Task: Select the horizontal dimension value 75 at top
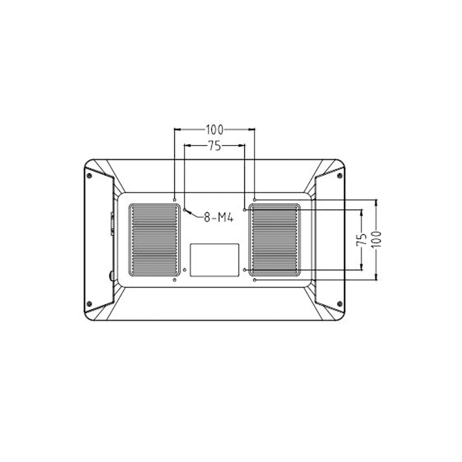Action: point(215,146)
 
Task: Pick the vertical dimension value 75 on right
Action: point(362,240)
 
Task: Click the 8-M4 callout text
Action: point(218,218)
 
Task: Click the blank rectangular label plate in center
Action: point(215,259)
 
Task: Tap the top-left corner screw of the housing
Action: point(89,176)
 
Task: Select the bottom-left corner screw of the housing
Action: point(89,304)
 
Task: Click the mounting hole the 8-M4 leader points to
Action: point(185,210)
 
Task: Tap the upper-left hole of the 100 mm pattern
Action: point(174,200)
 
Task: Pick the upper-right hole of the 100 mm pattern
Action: point(255,200)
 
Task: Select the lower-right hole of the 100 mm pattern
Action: point(255,280)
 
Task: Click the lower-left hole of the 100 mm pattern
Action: point(174,280)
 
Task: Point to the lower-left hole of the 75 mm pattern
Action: point(185,270)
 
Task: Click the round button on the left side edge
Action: point(111,275)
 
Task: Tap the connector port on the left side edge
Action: point(112,224)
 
